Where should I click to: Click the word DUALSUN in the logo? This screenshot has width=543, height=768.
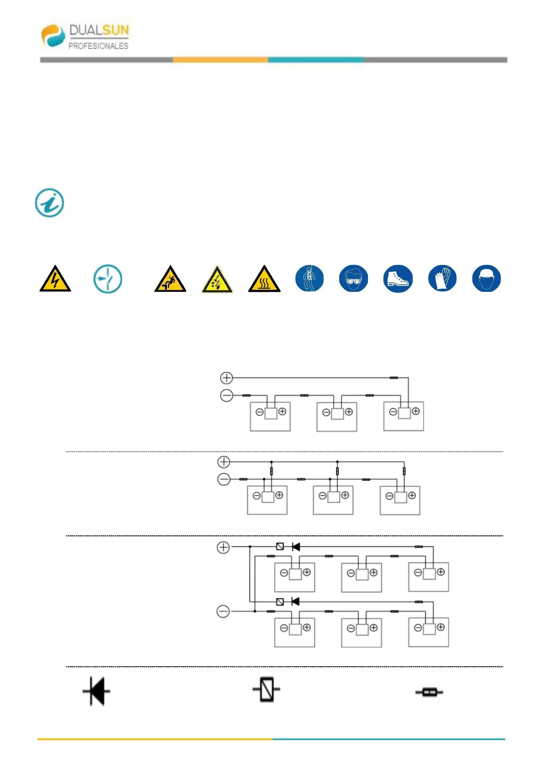tap(99, 31)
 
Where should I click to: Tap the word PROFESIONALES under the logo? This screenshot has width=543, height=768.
tap(98, 46)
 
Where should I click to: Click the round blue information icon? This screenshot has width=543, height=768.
tap(50, 202)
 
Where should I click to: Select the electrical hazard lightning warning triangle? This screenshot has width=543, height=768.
tap(55, 280)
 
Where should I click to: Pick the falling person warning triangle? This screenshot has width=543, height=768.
tap(170, 280)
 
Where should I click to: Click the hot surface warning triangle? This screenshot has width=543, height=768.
tap(264, 280)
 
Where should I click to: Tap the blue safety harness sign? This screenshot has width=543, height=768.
tap(310, 278)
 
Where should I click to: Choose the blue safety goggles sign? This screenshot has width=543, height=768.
tap(353, 278)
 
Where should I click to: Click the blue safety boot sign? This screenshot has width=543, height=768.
tap(398, 278)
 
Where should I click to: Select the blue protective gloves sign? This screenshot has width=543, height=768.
tap(442, 278)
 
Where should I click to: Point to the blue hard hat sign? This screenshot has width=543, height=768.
tap(486, 278)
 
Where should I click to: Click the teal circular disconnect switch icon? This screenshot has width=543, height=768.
tap(108, 279)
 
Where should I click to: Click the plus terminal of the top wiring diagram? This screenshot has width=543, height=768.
tap(227, 378)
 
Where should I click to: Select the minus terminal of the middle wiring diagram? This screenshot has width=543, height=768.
tap(224, 479)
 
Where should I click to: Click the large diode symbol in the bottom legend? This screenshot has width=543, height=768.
tap(96, 691)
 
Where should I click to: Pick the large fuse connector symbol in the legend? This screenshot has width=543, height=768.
tap(429, 692)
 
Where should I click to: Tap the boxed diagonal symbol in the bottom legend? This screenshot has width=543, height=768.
tap(267, 690)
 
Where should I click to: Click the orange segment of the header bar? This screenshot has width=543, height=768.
tap(220, 60)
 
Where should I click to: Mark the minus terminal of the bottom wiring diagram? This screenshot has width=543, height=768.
tap(223, 611)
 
